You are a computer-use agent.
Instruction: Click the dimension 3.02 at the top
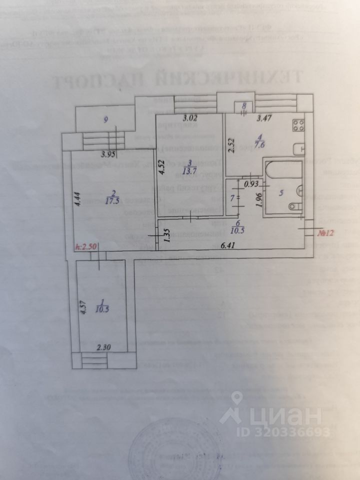(190, 119)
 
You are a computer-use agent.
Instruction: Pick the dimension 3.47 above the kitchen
(265, 119)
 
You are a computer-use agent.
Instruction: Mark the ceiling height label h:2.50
(86, 246)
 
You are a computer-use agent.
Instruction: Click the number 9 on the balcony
(105, 119)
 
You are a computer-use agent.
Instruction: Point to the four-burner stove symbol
(298, 124)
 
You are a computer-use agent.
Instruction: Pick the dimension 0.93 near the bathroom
(250, 183)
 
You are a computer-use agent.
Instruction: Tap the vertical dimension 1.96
(258, 199)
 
